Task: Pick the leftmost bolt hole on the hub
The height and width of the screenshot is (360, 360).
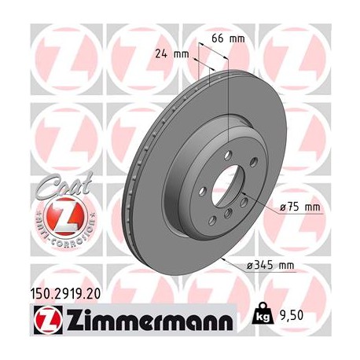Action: tap(200, 191)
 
